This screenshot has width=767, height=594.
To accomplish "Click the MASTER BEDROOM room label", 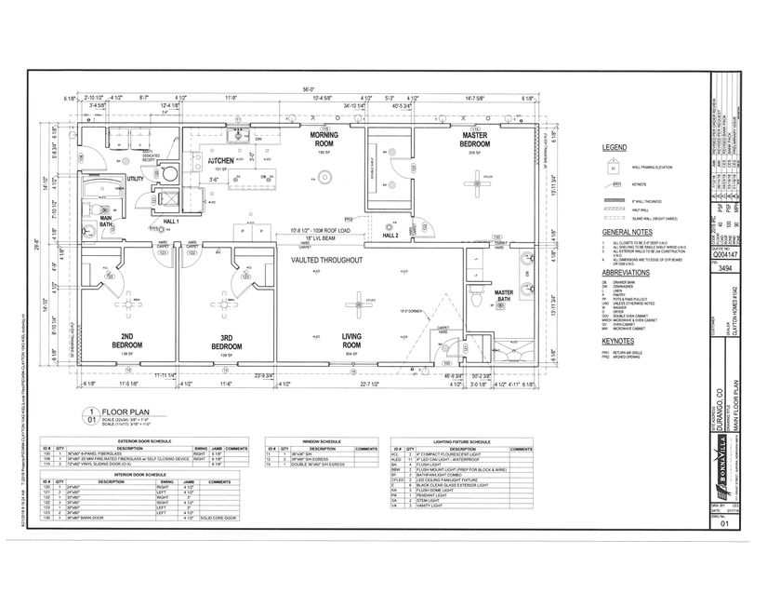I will click(475, 140).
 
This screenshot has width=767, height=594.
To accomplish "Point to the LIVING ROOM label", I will click(351, 341).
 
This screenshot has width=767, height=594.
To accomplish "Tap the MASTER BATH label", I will click(502, 296).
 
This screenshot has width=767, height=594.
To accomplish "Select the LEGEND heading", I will click(615, 148).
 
